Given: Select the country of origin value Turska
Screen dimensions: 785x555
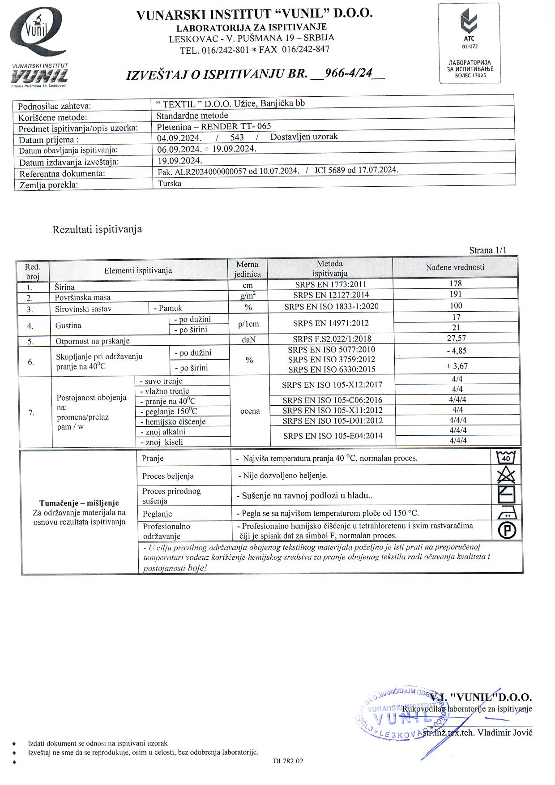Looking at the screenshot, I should point(170,184).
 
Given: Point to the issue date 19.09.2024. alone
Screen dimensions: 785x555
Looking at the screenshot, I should point(180,160).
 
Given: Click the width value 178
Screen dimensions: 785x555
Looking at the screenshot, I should point(455,283).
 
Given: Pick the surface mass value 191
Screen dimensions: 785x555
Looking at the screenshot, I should point(455,294).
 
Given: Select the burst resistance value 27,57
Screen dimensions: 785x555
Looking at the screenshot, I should point(456,339).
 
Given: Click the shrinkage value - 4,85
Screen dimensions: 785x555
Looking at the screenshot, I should point(457,351).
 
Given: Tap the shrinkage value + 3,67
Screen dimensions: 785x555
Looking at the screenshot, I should point(457,366).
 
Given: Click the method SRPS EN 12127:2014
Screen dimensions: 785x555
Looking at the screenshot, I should point(331,295).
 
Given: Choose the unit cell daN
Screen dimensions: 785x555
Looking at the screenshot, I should point(248,340).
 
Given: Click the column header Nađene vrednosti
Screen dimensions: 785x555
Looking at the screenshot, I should point(455,267).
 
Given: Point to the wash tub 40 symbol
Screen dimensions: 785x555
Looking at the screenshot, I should point(506,458).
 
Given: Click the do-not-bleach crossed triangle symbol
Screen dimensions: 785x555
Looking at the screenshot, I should point(506,475).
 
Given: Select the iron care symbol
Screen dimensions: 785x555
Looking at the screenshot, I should point(506,512).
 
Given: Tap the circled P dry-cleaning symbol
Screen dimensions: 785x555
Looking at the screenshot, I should point(507,530).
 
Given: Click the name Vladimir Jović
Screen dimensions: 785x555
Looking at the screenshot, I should point(504,733).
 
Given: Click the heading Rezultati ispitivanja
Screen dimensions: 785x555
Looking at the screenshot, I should point(97,230).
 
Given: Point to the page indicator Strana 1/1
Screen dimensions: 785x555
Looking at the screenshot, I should point(488,250).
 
